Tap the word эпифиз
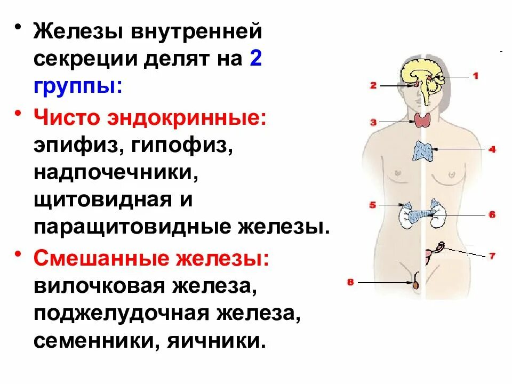[x=73, y=145]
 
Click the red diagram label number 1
[x=475, y=76]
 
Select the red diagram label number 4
[x=492, y=150]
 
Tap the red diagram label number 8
[x=350, y=282]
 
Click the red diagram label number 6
[x=492, y=215]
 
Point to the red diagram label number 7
[x=492, y=255]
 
